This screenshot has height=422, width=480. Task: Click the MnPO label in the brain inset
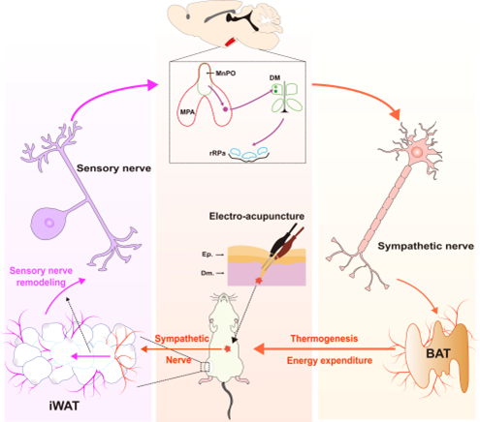(x=226, y=74)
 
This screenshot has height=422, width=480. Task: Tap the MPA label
(x=187, y=112)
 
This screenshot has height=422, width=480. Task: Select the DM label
(x=274, y=77)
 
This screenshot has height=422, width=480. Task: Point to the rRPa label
(x=217, y=153)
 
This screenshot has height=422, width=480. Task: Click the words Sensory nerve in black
(x=113, y=168)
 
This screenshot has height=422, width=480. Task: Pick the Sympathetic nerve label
(x=426, y=246)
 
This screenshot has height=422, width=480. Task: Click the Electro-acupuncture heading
(x=257, y=216)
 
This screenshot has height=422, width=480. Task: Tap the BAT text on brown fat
(x=438, y=353)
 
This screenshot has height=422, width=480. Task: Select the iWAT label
(x=64, y=406)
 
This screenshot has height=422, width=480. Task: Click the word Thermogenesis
(x=324, y=339)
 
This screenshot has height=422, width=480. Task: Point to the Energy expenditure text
(x=330, y=360)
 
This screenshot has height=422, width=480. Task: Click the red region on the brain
(x=230, y=42)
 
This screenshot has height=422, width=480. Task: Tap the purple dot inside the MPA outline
(x=225, y=109)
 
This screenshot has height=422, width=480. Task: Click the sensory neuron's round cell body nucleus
(x=49, y=223)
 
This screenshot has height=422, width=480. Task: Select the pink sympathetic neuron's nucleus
(x=417, y=152)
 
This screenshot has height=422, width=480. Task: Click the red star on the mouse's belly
(x=228, y=348)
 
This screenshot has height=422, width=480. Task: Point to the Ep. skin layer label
(x=208, y=255)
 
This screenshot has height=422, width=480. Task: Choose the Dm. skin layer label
(x=208, y=273)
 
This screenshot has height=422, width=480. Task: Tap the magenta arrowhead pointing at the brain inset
(x=153, y=84)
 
